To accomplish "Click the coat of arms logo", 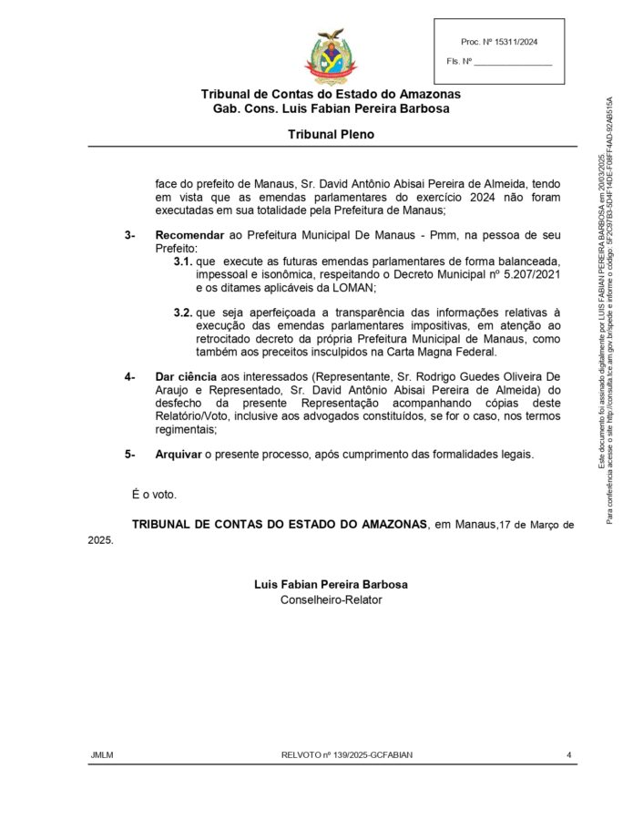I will point(330,57).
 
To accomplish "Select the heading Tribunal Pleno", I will point(331,134).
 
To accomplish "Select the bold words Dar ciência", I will point(186,376).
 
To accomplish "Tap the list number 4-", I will point(130,376).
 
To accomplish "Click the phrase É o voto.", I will point(154,495).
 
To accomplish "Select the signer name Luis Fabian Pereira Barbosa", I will point(331,584).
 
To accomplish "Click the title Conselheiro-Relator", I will point(331,600).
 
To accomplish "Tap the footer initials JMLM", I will point(101,754).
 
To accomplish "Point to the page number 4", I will point(568,754).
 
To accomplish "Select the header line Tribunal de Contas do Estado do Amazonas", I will point(331,94).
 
